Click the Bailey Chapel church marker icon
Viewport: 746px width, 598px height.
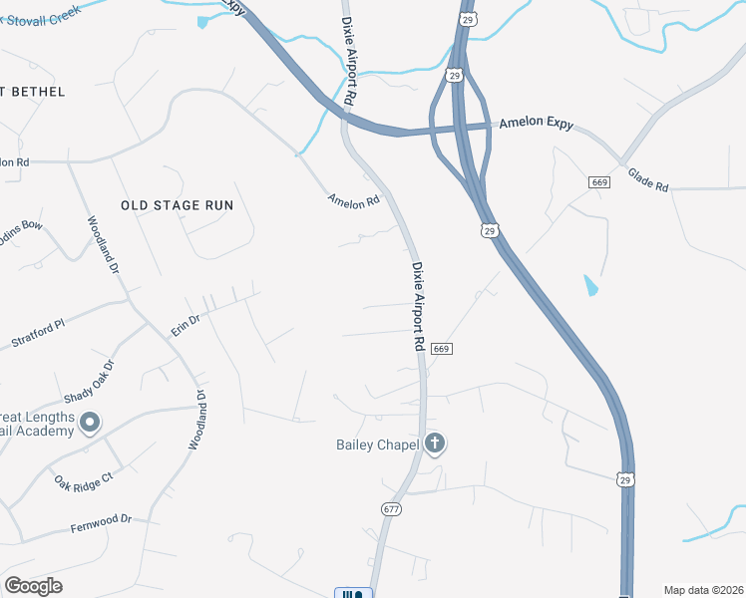click(x=434, y=444)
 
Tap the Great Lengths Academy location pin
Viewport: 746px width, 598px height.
click(x=89, y=424)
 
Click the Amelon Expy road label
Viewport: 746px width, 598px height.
click(x=536, y=122)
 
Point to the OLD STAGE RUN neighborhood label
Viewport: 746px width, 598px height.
click(x=177, y=204)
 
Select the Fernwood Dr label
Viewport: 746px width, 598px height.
click(x=101, y=521)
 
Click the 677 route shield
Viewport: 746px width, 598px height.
click(x=390, y=508)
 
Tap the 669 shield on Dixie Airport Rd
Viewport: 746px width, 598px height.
click(x=443, y=349)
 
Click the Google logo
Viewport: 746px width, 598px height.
click(x=33, y=586)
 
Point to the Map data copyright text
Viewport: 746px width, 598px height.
click(x=703, y=590)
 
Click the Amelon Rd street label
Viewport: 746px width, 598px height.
click(x=354, y=200)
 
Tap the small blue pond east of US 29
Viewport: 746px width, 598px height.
click(x=591, y=286)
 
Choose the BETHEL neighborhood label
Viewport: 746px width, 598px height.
click(x=37, y=92)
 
